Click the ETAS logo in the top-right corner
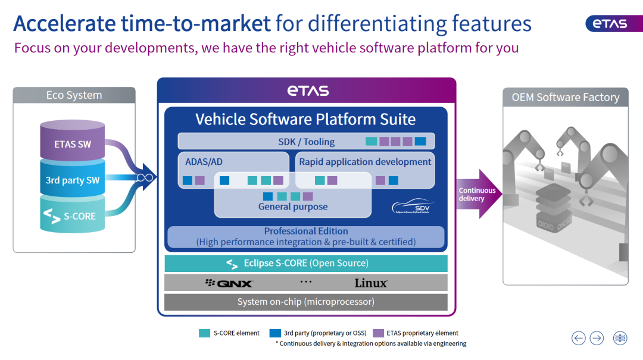pyautogui.click(x=614, y=24)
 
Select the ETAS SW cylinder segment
pyautogui.click(x=73, y=140)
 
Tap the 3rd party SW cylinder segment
pyautogui.click(x=73, y=179)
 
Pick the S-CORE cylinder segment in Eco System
pyautogui.click(x=73, y=214)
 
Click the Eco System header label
pyautogui.click(x=74, y=95)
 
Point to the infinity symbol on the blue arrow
pyautogui.click(x=145, y=177)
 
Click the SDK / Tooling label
pyautogui.click(x=307, y=142)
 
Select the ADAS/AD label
pyautogui.click(x=204, y=162)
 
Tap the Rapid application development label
pyautogui.click(x=365, y=162)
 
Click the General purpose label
pyautogui.click(x=293, y=206)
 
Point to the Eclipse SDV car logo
pyautogui.click(x=413, y=206)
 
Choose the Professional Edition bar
pyautogui.click(x=306, y=237)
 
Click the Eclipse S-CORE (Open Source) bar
pyautogui.click(x=306, y=263)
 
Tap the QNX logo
pyautogui.click(x=229, y=283)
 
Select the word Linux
pyautogui.click(x=371, y=283)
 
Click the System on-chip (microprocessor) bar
pyautogui.click(x=306, y=302)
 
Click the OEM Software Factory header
pyautogui.click(x=566, y=98)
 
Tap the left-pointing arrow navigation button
pyautogui.click(x=579, y=338)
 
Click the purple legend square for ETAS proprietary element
pyautogui.click(x=378, y=333)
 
